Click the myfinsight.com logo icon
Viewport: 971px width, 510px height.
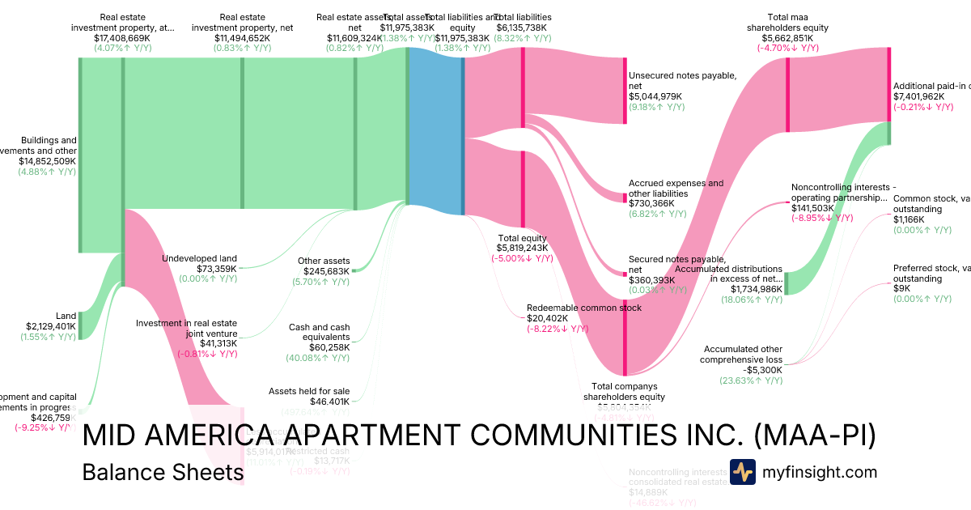coord(743,472)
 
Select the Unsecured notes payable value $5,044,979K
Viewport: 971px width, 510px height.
coord(655,96)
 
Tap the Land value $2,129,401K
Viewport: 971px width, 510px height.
coord(51,326)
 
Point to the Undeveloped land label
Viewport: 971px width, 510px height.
coord(199,258)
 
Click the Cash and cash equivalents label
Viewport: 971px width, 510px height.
coord(319,333)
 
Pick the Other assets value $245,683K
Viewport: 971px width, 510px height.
coord(326,271)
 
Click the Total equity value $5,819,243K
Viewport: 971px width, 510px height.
coord(522,248)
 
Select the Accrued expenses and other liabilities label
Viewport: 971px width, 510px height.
coord(676,189)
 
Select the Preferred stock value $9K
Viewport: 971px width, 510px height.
coord(901,289)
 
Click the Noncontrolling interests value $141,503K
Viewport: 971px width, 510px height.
coord(817,207)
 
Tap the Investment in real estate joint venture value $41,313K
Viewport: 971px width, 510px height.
coord(218,343)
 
